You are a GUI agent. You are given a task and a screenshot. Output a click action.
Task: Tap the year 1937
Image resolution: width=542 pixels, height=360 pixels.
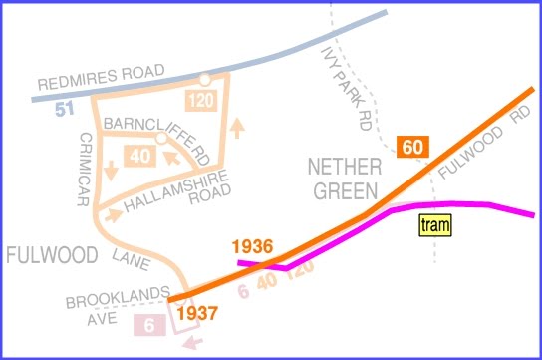pos(197,313)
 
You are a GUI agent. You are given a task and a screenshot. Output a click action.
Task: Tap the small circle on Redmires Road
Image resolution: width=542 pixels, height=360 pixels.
pos(203,79)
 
